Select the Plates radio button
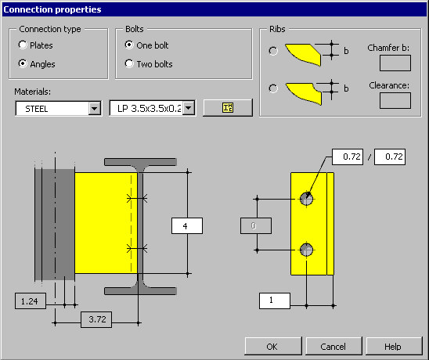(x=23, y=45)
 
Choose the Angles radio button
(x=23, y=63)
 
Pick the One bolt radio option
(x=129, y=45)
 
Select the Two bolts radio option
(x=129, y=63)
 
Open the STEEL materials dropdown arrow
(x=95, y=109)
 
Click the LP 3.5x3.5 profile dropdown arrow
(x=189, y=108)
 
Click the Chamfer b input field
(x=395, y=63)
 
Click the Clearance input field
(x=395, y=100)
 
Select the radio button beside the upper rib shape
(x=273, y=51)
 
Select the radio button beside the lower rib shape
(x=273, y=88)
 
